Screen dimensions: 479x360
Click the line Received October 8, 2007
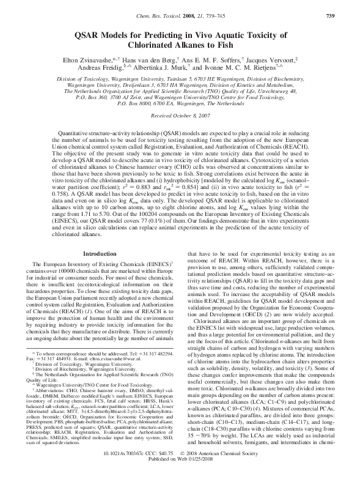(180, 115)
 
